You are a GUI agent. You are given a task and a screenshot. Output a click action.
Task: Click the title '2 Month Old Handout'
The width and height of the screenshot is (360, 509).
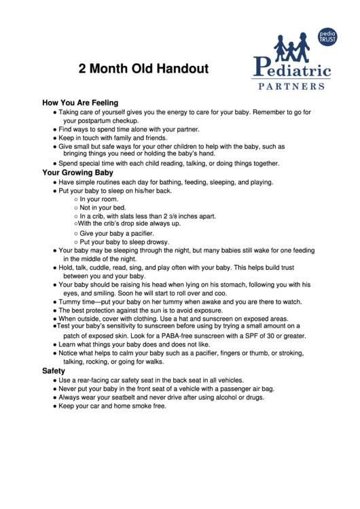143,69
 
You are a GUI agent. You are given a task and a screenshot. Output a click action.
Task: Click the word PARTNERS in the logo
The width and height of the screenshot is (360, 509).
292,86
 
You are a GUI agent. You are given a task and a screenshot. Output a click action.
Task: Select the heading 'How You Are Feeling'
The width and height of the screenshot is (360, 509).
80,103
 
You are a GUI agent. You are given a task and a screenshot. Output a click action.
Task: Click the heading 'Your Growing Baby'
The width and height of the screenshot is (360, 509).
77,173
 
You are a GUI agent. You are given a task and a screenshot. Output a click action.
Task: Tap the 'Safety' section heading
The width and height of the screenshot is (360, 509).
54,371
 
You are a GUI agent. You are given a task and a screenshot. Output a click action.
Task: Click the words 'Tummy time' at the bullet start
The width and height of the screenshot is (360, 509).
79,302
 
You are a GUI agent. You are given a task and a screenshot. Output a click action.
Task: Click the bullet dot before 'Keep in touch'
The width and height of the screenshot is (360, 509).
54,138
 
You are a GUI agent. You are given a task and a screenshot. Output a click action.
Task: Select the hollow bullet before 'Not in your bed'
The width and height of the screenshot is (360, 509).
75,208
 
